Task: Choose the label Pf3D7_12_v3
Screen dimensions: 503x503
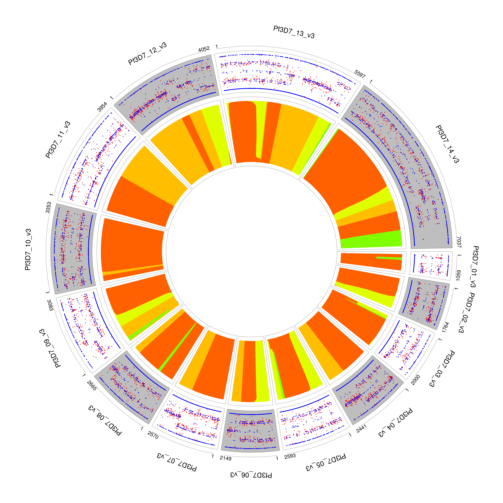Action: click(x=147, y=54)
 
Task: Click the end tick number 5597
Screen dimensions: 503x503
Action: click(x=360, y=74)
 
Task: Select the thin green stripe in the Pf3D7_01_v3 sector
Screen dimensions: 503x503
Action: click(x=389, y=258)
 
